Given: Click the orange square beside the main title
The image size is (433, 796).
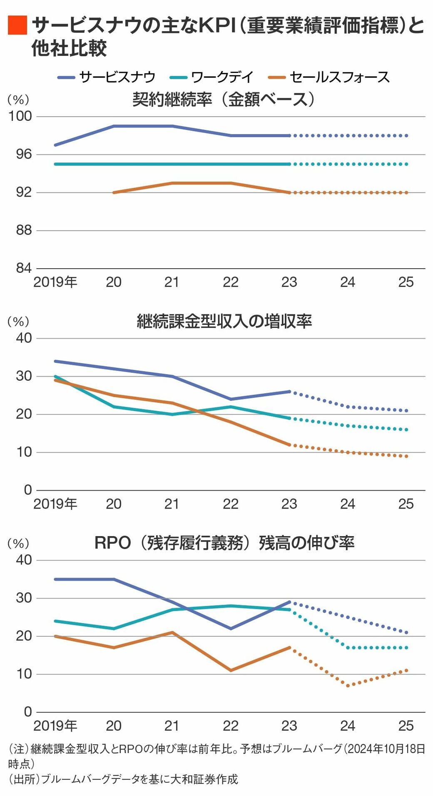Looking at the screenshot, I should tap(17, 25).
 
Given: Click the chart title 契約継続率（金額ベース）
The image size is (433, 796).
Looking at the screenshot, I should tap(224, 100).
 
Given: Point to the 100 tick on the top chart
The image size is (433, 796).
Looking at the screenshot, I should tap(20, 116).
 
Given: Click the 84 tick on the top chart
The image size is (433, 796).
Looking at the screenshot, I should tap(24, 268).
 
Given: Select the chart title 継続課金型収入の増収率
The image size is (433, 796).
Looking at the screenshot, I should tap(224, 321).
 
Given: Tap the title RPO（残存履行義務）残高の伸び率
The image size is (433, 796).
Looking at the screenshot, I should tap(224, 543).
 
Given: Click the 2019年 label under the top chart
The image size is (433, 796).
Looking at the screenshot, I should tap(55, 282).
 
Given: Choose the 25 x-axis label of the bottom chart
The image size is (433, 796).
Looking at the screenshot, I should tap(406, 726).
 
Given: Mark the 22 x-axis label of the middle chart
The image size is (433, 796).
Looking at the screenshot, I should tap(231, 504).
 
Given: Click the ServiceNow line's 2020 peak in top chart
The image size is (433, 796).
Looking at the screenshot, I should tap(114, 126).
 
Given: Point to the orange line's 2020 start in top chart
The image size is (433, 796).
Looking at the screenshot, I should tap(114, 192).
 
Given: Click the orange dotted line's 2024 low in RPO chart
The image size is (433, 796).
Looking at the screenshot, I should tap(348, 685).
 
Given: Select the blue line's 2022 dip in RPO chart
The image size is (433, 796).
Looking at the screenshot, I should tap(231, 629).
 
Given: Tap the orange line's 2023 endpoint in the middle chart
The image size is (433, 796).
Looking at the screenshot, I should tap(289, 445).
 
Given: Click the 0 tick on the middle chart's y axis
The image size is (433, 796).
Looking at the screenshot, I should tap(28, 490).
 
